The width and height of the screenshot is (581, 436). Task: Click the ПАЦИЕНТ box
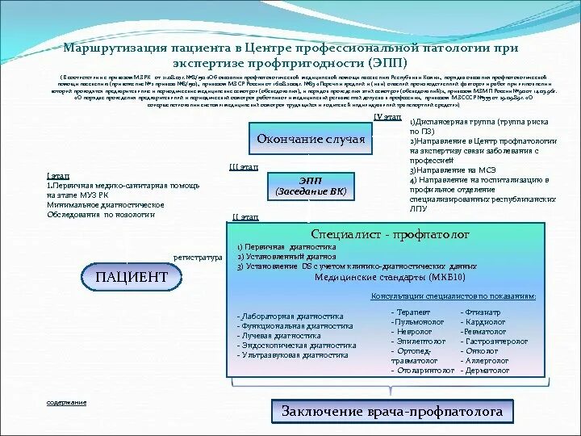pos(132,277)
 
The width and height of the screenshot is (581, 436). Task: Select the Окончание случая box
pos(311,139)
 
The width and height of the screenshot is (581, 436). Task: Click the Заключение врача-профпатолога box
pos(391,412)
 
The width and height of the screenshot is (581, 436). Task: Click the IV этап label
pos(388,116)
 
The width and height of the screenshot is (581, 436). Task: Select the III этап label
pos(244,166)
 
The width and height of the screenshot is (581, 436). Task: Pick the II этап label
pos(245,217)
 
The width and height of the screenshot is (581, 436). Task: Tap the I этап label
pos(56,176)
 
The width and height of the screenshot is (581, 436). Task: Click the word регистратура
pos(198,258)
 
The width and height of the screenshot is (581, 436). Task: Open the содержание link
pos(66,402)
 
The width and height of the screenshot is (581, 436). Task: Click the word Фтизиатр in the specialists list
pos(482,312)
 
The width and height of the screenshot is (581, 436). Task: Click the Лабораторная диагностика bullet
pos(290,317)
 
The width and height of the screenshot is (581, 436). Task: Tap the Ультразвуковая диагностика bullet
pos(295,355)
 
